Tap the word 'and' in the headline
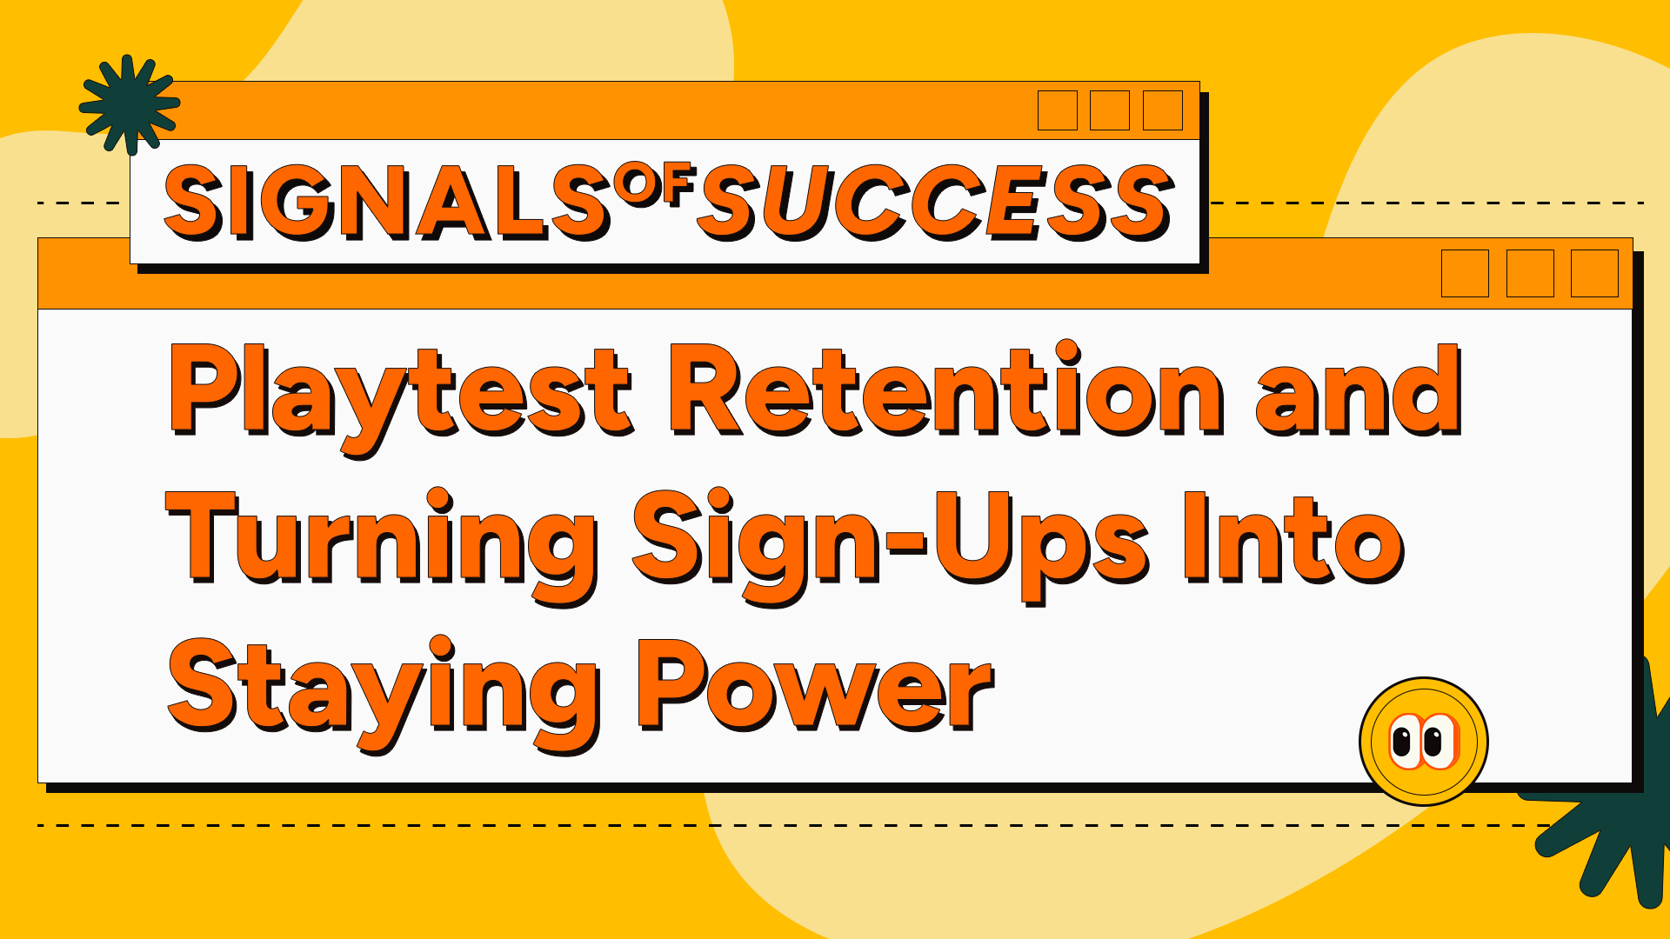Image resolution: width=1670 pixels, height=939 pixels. point(1357,391)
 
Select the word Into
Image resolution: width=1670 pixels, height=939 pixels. point(1293,539)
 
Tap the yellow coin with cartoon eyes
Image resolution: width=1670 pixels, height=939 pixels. point(1423,742)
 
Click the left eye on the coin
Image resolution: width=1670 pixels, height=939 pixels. point(1403,742)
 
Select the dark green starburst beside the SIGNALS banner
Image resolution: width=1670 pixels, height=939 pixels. point(129,104)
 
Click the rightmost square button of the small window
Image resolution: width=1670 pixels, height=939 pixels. point(1162,110)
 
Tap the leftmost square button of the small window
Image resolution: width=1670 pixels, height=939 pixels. point(1057,110)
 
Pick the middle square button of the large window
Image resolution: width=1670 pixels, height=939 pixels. point(1529,273)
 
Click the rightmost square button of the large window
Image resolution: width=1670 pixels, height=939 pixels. point(1593,273)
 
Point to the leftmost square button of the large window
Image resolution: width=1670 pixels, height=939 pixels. point(1465,273)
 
